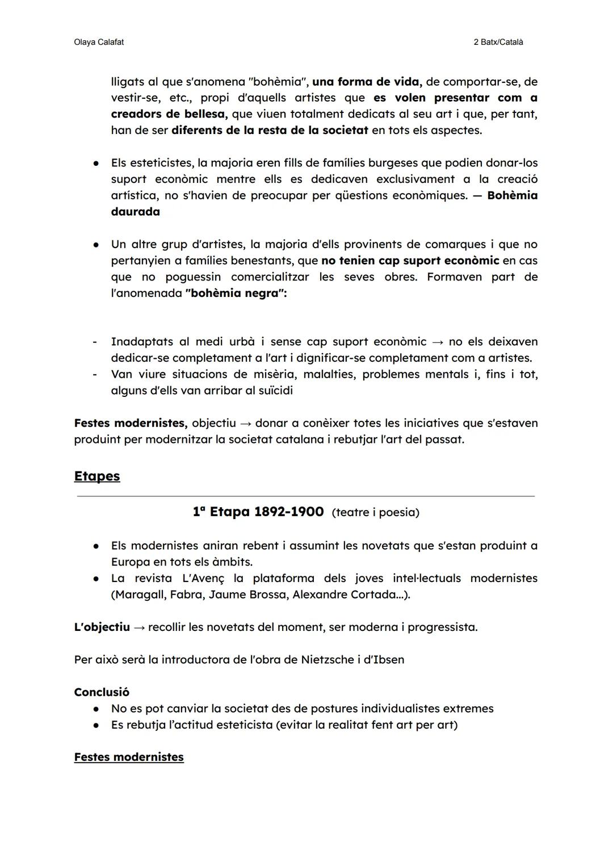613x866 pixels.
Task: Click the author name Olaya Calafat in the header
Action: [x=99, y=42]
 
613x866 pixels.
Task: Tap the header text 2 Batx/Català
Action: [x=498, y=42]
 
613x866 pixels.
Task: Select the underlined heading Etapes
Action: [x=96, y=476]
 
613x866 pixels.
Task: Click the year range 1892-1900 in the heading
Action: [x=288, y=512]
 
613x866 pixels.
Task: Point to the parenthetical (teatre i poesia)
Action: [x=375, y=512]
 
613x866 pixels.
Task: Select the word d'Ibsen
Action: [x=385, y=659]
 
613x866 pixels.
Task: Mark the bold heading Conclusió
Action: [x=102, y=692]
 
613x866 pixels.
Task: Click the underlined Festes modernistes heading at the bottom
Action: [x=129, y=757]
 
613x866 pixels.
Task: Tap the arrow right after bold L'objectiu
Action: [x=139, y=627]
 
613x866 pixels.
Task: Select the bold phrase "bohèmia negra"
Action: [x=235, y=294]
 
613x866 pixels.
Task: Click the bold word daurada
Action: [x=135, y=212]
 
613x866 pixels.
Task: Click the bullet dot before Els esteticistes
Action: [x=97, y=163]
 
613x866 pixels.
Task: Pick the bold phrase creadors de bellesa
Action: [x=169, y=114]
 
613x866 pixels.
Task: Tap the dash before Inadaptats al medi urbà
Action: [x=95, y=342]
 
